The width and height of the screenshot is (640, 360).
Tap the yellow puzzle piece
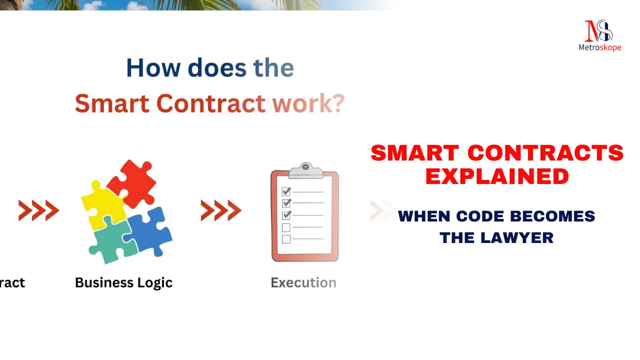pyautogui.click(x=103, y=205)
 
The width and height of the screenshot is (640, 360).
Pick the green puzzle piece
pyautogui.click(x=113, y=241)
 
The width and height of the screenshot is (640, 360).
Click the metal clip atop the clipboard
pyautogui.click(x=305, y=170)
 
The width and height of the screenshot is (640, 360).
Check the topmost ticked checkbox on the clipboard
pyautogui.click(x=286, y=191)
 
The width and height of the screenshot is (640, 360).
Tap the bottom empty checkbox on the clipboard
pyautogui.click(x=286, y=239)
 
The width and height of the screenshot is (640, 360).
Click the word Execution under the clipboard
pyautogui.click(x=303, y=283)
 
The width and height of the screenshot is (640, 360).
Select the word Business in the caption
pyautogui.click(x=104, y=282)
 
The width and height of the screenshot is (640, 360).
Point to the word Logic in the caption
pyautogui.click(x=155, y=283)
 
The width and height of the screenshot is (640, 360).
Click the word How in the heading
pyautogui.click(x=153, y=67)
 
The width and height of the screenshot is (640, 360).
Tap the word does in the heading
pyautogui.click(x=217, y=67)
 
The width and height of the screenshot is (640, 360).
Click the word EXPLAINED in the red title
pyautogui.click(x=497, y=176)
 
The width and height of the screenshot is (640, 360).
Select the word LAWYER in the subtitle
pyautogui.click(x=517, y=237)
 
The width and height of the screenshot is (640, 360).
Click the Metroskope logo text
pyautogui.click(x=599, y=47)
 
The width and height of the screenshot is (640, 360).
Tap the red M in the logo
pyautogui.click(x=592, y=31)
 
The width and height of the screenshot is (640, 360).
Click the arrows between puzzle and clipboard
pyautogui.click(x=221, y=210)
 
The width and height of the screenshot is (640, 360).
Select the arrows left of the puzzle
pyautogui.click(x=39, y=210)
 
